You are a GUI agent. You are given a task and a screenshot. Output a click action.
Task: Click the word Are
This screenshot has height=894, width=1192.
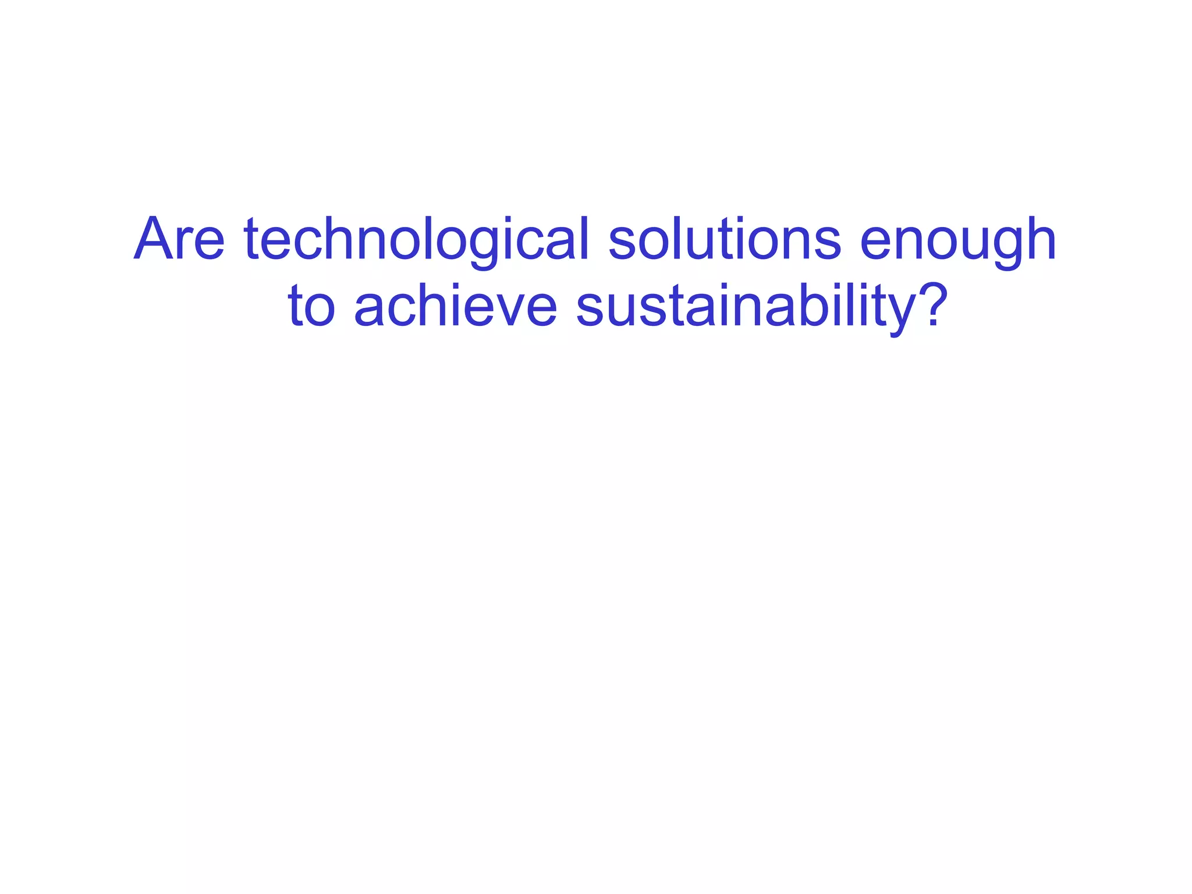tap(179, 239)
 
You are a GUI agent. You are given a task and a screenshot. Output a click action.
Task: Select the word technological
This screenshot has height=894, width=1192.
tap(417, 239)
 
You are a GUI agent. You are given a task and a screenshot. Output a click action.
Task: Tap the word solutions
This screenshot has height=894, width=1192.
tap(725, 239)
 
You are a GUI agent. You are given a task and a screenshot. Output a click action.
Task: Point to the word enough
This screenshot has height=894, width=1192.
tap(957, 239)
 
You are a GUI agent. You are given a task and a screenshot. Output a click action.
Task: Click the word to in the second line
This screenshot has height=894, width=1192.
tap(311, 306)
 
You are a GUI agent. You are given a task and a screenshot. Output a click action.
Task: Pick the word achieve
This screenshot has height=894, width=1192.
tap(456, 306)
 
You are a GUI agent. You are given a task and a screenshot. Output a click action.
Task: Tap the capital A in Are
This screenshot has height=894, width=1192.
tap(155, 239)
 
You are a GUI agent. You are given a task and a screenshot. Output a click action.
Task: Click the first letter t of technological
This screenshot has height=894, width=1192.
tap(251, 239)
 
